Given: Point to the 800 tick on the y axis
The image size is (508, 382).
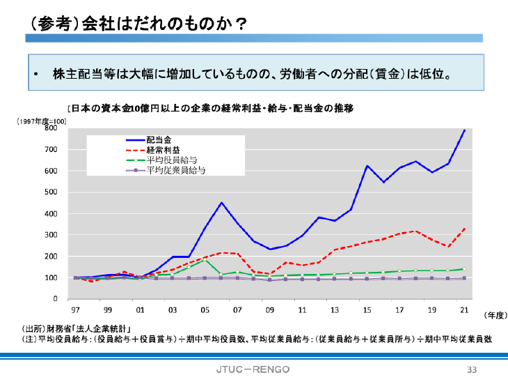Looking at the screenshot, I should [51, 128].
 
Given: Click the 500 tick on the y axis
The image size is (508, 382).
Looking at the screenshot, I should [51, 192].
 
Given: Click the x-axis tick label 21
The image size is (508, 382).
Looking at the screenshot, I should [464, 309].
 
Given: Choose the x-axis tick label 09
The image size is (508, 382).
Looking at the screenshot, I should [270, 309].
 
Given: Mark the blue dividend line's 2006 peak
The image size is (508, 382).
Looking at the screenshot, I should [221, 203].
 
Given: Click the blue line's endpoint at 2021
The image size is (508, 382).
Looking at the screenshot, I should [464, 130].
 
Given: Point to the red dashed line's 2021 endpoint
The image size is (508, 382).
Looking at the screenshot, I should [464, 229].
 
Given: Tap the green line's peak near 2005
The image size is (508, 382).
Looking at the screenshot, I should [205, 260].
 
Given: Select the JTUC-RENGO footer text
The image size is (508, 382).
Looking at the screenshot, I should [253, 368].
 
